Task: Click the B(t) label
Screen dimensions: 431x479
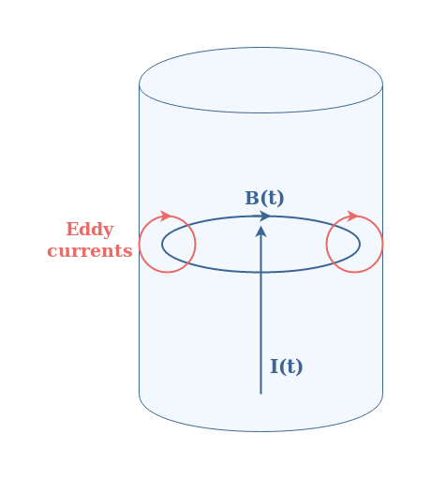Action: [x=264, y=198]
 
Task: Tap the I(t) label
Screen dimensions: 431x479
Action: [x=287, y=367]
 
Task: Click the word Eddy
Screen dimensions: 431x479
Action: [x=90, y=230]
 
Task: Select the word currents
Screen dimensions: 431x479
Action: [x=90, y=251]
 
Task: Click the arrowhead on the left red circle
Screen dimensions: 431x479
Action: [x=166, y=216]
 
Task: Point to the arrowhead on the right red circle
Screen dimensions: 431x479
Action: [x=353, y=216]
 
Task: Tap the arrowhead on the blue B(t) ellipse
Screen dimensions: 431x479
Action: [x=265, y=216]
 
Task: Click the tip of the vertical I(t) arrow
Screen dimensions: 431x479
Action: [x=260, y=226]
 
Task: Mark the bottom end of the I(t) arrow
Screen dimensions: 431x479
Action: [x=260, y=394]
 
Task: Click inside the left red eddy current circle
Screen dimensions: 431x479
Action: [x=168, y=244]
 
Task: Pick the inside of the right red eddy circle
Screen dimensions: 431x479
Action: [x=354, y=244]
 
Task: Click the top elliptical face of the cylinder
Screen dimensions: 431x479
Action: [x=260, y=80]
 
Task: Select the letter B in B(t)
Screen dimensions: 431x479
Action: [x=252, y=198]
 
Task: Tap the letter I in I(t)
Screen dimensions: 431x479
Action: [x=275, y=367]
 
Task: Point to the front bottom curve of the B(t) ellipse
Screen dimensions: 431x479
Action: [x=260, y=273]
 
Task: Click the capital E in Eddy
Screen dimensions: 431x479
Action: [x=72, y=230]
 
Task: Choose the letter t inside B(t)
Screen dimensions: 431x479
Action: [x=272, y=199]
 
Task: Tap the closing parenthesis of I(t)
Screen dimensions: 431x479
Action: [x=300, y=367]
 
